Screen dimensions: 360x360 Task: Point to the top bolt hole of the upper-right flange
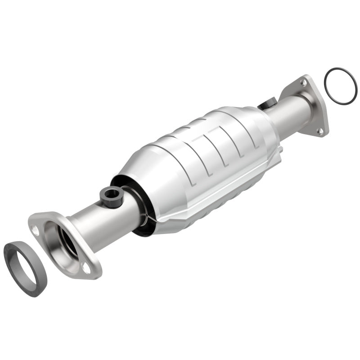[x=304, y=84]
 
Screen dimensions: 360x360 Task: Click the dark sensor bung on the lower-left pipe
[x=110, y=197]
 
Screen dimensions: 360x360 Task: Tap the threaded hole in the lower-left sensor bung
[x=111, y=194]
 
